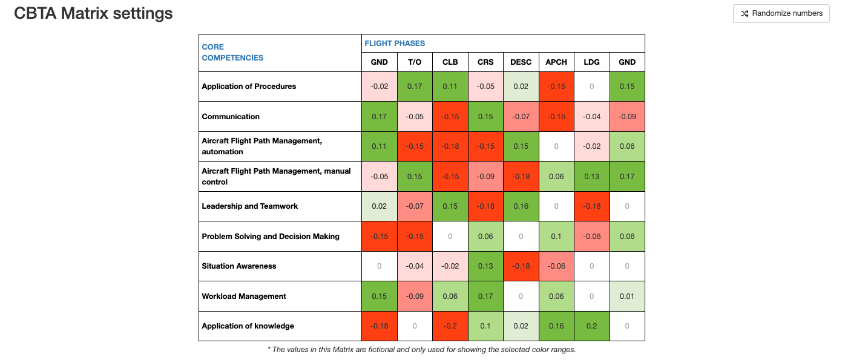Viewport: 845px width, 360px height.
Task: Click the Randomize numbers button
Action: click(781, 13)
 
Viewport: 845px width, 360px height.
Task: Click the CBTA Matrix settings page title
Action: click(93, 13)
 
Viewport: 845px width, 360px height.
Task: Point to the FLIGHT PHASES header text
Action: click(395, 44)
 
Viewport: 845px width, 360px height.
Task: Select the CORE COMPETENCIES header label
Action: click(232, 53)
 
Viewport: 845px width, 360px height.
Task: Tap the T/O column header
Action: click(415, 62)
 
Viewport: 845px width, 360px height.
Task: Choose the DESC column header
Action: click(521, 62)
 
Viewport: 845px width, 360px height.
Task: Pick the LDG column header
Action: click(591, 62)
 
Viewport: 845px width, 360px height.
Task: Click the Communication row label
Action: click(231, 117)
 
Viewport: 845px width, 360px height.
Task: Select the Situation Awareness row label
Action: click(239, 266)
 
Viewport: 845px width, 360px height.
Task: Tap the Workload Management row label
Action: click(244, 296)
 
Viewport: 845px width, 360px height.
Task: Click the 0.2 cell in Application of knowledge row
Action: click(591, 326)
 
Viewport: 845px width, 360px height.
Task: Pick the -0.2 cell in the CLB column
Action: click(450, 326)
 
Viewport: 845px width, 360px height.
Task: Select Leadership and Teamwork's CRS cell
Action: click(485, 206)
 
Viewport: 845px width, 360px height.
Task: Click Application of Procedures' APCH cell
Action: click(556, 87)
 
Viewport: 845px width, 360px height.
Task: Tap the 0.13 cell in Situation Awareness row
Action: click(485, 266)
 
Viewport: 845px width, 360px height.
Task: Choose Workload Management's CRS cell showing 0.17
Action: click(485, 296)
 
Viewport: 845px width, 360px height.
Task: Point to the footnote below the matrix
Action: click(421, 350)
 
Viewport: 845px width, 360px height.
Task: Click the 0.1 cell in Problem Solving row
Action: click(556, 237)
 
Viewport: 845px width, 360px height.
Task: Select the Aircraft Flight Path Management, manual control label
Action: click(276, 177)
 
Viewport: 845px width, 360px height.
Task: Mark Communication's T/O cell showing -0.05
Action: click(415, 117)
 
